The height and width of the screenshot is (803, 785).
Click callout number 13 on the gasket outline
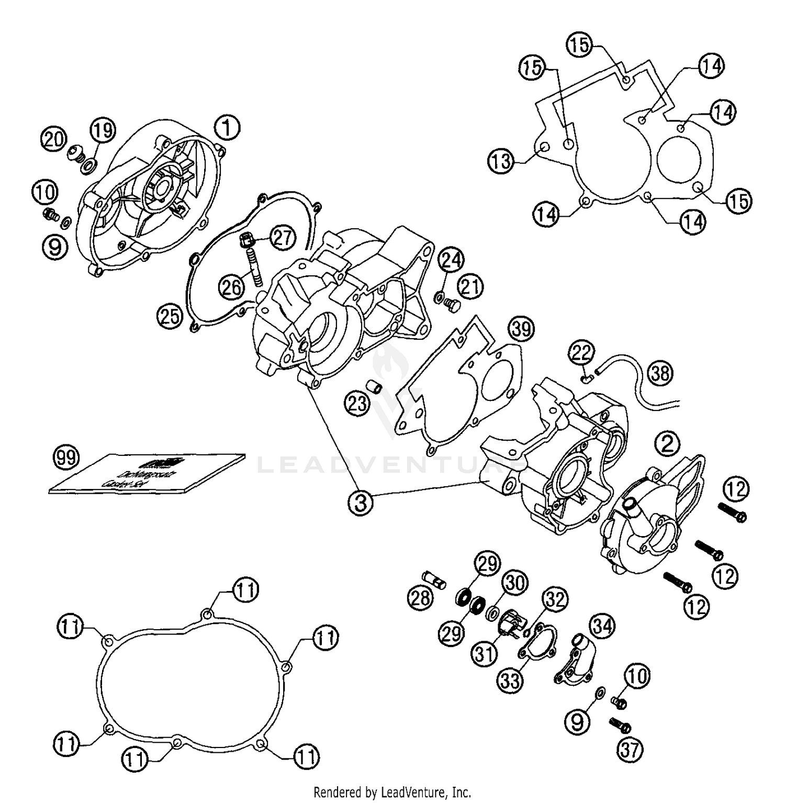pyautogui.click(x=501, y=161)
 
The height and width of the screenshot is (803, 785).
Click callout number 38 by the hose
pyautogui.click(x=660, y=373)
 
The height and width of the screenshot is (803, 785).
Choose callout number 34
pyautogui.click(x=602, y=626)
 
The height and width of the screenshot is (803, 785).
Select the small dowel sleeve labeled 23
pyautogui.click(x=375, y=389)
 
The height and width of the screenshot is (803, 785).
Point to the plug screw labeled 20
pyautogui.click(x=77, y=153)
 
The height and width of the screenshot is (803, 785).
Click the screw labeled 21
pyautogui.click(x=451, y=304)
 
